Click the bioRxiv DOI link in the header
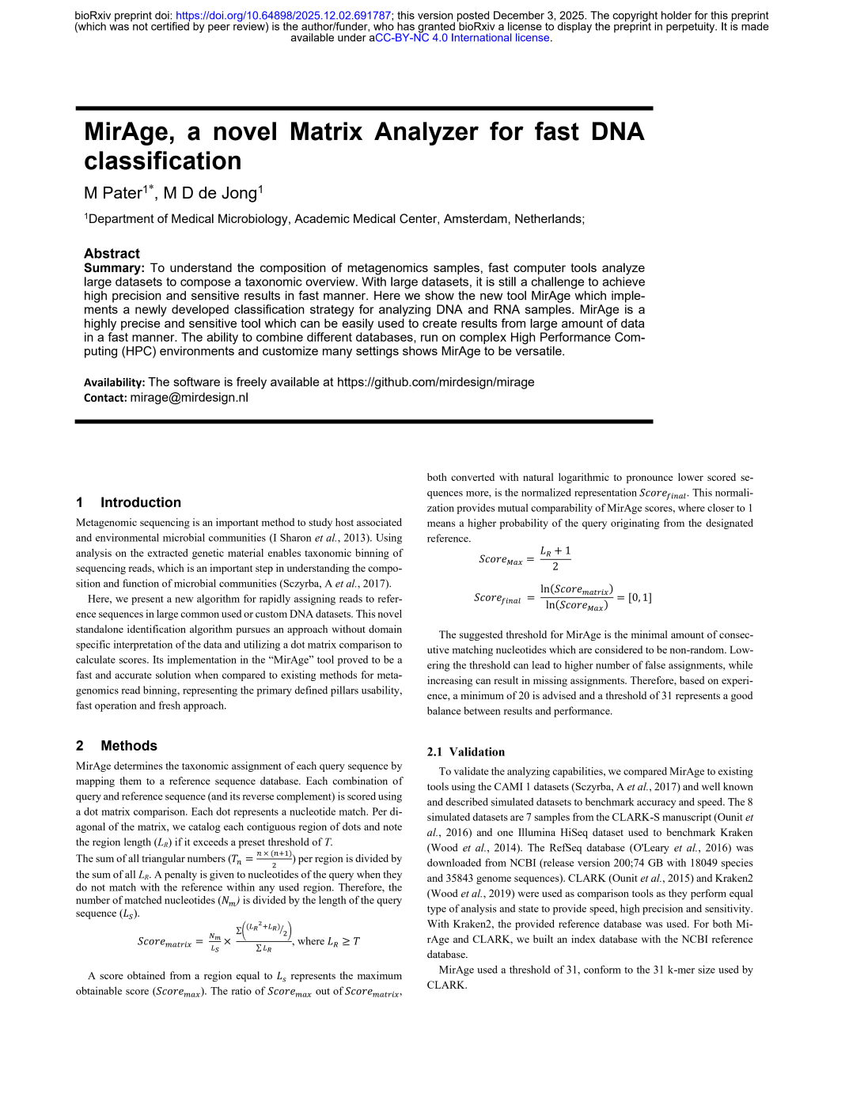click(283, 16)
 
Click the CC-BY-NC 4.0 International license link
click(462, 38)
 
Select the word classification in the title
click(163, 161)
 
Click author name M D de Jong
click(211, 193)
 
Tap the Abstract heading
click(112, 253)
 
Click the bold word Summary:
click(114, 268)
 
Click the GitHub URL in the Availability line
click(435, 382)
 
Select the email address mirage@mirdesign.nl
click(189, 397)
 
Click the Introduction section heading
click(140, 502)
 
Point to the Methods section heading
click(129, 746)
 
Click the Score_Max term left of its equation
click(501, 560)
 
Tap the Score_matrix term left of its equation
click(165, 942)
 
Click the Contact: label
click(105, 398)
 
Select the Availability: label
click(114, 383)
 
